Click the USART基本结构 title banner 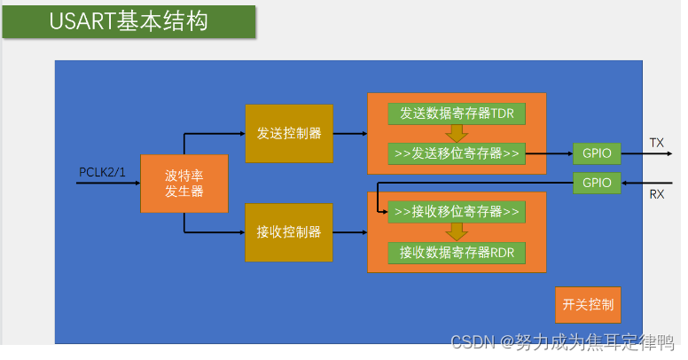129,22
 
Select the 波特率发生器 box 184,184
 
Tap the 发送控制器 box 289,134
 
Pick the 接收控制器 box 289,232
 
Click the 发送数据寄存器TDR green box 457,113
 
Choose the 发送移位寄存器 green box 457,153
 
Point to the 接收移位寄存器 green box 457,212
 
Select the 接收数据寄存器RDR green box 457,253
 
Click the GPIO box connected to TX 597,153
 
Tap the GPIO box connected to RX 597,183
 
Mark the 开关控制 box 588,305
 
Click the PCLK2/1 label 102,172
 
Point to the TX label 657,143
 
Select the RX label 657,194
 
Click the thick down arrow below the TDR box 457,134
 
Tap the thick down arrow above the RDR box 457,232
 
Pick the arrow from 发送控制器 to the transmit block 350,134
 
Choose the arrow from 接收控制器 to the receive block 350,232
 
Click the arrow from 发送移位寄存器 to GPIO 550,153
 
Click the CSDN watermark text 562,342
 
